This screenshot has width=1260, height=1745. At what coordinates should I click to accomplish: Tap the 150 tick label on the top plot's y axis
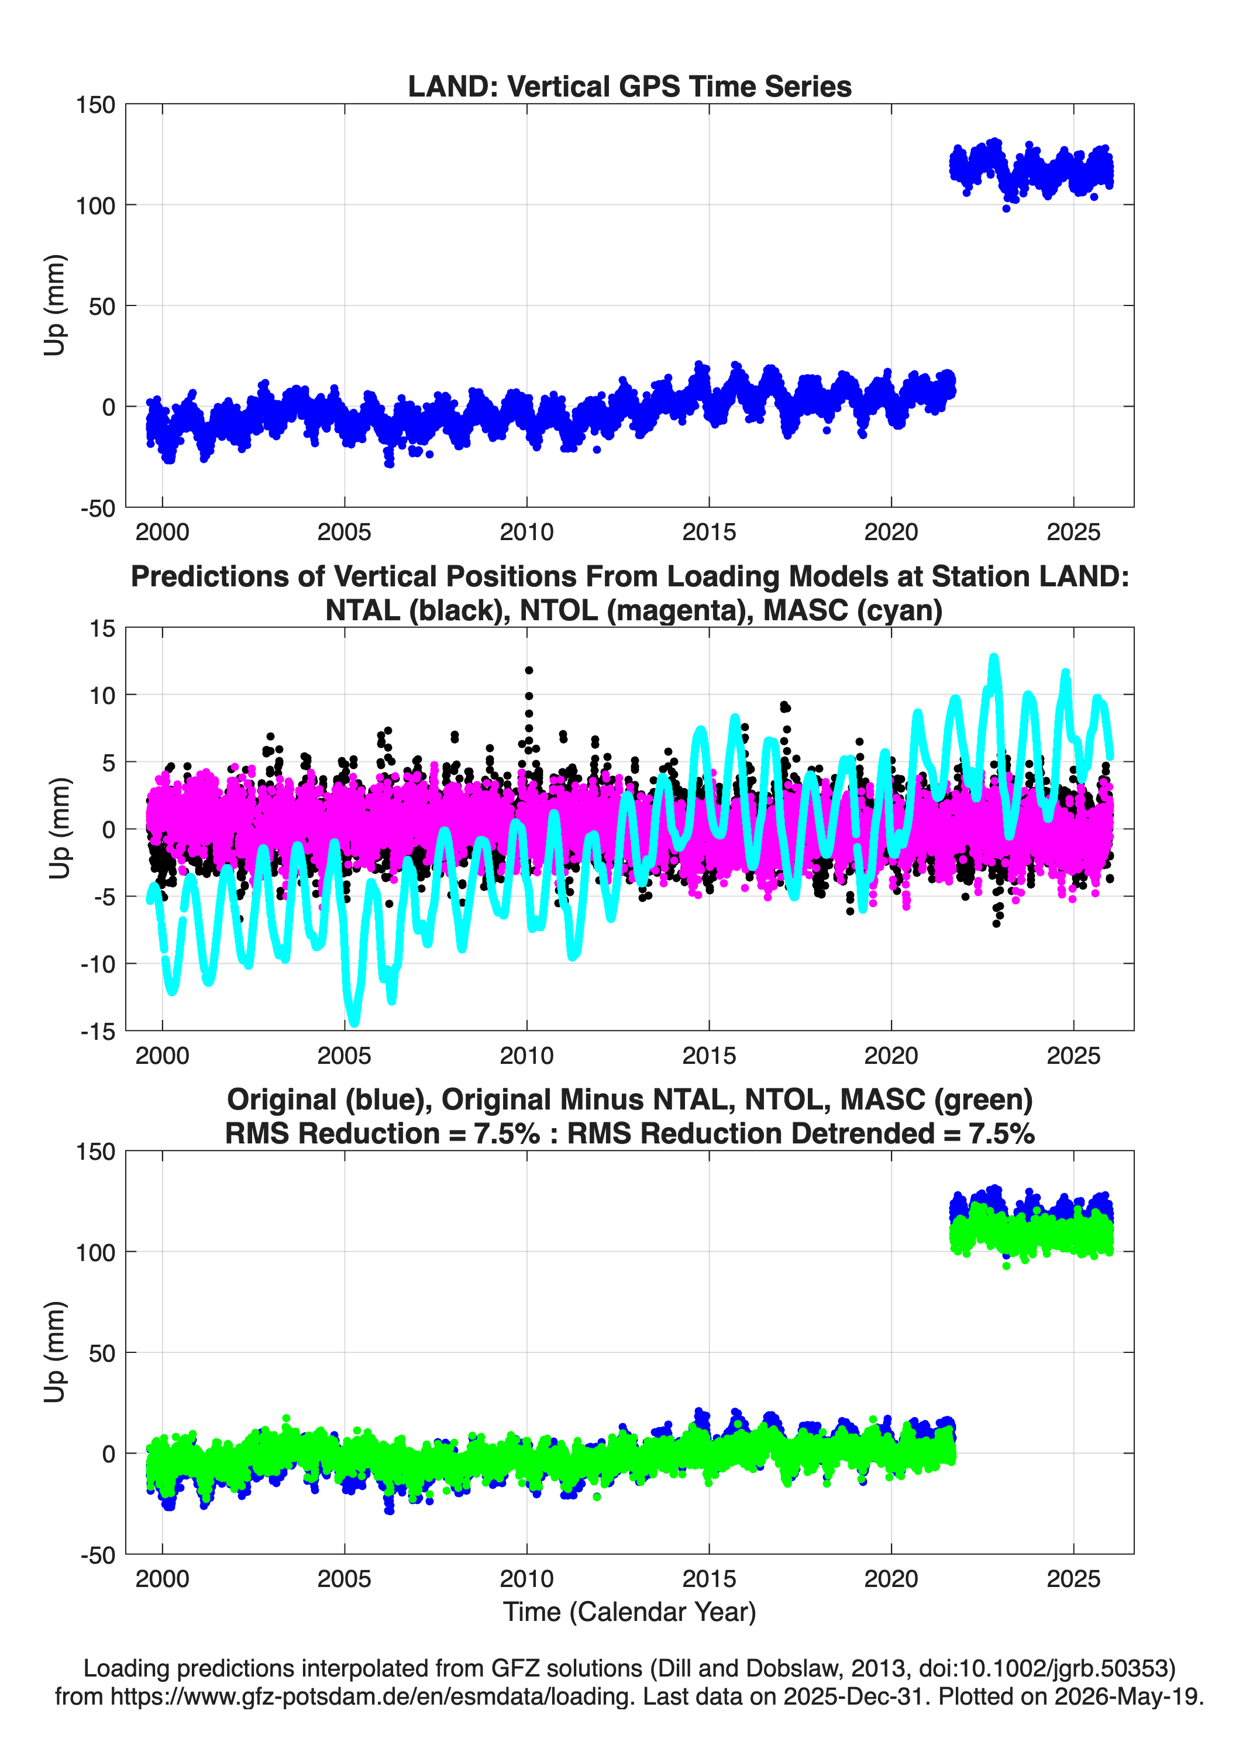coord(95,105)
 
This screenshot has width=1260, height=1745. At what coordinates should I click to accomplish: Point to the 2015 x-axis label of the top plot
coord(708,532)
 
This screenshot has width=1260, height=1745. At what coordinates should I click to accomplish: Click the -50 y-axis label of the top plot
coord(98,509)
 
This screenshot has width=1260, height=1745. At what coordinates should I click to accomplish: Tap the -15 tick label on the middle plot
coord(98,1032)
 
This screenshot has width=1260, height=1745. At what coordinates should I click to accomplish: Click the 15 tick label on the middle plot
coord(102,628)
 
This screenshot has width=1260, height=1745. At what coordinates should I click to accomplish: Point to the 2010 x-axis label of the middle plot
coord(526,1056)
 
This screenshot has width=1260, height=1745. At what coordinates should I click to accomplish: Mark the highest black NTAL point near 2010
coord(528,670)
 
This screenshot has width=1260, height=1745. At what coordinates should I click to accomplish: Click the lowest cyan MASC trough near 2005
coord(354,1021)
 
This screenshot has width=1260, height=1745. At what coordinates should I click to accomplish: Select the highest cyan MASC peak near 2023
coord(994,659)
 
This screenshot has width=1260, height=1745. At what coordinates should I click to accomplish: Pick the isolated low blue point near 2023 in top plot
coord(1006,208)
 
